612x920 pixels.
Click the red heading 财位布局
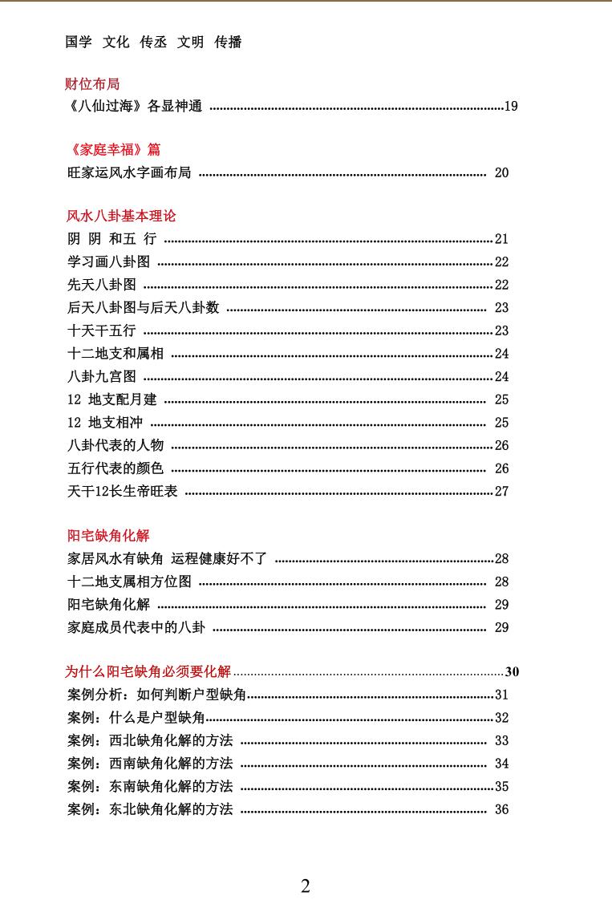point(92,83)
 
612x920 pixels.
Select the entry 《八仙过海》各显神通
point(135,106)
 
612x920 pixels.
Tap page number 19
point(511,106)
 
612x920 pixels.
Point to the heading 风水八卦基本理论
point(121,216)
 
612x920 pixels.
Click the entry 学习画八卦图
point(108,261)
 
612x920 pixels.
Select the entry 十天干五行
point(101,330)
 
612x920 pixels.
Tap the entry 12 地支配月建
point(111,399)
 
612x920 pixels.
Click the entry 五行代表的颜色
point(116,468)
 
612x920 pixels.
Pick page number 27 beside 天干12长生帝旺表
point(501,492)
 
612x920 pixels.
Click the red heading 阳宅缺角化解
point(108,536)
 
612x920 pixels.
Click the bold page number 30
point(513,672)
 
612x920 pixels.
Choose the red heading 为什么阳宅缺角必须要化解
point(148,672)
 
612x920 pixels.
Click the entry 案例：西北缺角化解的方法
point(150,740)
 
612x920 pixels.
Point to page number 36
point(501,809)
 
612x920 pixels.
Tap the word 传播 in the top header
point(228,43)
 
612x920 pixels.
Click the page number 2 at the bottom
point(306,886)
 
